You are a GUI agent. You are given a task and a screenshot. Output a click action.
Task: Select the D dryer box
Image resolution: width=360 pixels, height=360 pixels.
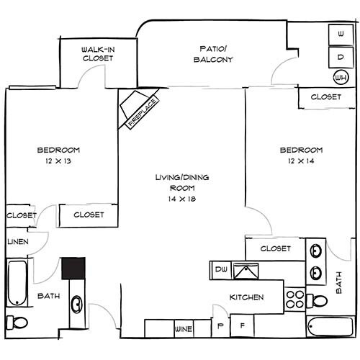[x=338, y=56]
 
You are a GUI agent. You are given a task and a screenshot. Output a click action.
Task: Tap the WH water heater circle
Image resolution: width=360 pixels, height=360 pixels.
[x=339, y=76]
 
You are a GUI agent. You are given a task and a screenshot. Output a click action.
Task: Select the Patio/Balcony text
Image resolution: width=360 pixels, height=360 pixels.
[x=214, y=54]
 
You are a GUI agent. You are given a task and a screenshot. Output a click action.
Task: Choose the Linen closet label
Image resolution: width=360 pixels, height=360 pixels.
[x=18, y=241]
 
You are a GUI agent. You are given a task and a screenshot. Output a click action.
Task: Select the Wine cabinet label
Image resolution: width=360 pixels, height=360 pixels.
[x=184, y=328]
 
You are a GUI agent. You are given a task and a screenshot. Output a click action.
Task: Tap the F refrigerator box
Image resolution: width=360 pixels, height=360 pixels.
[x=242, y=325]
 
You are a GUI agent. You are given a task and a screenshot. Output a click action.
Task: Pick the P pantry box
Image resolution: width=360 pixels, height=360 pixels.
[x=221, y=325]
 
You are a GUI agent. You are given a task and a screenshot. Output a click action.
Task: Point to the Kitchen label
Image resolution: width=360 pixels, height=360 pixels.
[x=246, y=297]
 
